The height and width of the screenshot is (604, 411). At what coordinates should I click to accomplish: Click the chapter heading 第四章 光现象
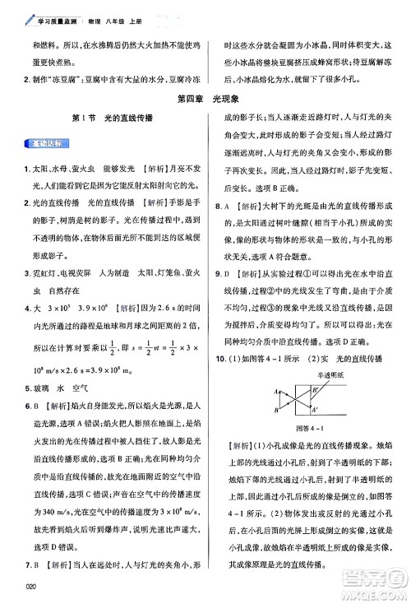tap(204, 100)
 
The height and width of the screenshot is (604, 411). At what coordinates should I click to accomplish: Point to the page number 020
tap(32, 586)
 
